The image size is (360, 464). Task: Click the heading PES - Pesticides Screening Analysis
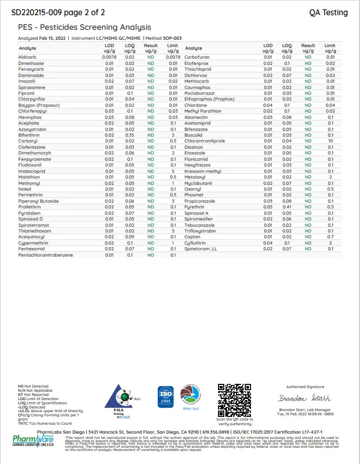84,27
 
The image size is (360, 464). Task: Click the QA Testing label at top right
328,13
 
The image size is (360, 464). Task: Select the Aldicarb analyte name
27,57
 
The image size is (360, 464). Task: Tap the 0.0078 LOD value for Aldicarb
109,57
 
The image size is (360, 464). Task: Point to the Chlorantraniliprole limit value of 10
330,141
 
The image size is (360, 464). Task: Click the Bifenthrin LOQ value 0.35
129,135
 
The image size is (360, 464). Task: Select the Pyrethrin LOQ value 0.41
287,207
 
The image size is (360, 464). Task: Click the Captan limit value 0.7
330,237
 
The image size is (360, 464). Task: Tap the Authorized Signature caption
305,386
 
